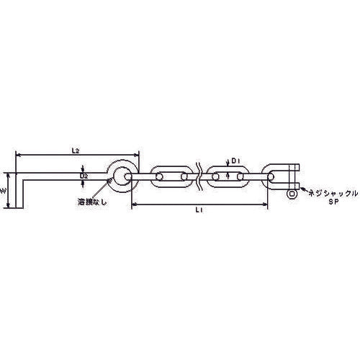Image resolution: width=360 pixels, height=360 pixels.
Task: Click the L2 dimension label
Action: click(x=75, y=150)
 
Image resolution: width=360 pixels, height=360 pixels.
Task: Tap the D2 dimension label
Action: click(x=84, y=175)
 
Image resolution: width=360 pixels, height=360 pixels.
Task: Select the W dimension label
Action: click(x=4, y=192)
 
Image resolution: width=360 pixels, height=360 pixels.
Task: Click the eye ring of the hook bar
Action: click(x=120, y=176)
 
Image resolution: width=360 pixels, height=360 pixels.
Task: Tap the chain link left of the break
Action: click(x=171, y=176)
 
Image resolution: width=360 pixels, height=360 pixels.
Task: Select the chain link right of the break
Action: click(x=228, y=176)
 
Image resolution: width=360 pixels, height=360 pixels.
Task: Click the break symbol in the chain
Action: click(x=199, y=176)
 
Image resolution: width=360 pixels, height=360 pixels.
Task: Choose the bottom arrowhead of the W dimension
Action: click(x=9, y=207)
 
